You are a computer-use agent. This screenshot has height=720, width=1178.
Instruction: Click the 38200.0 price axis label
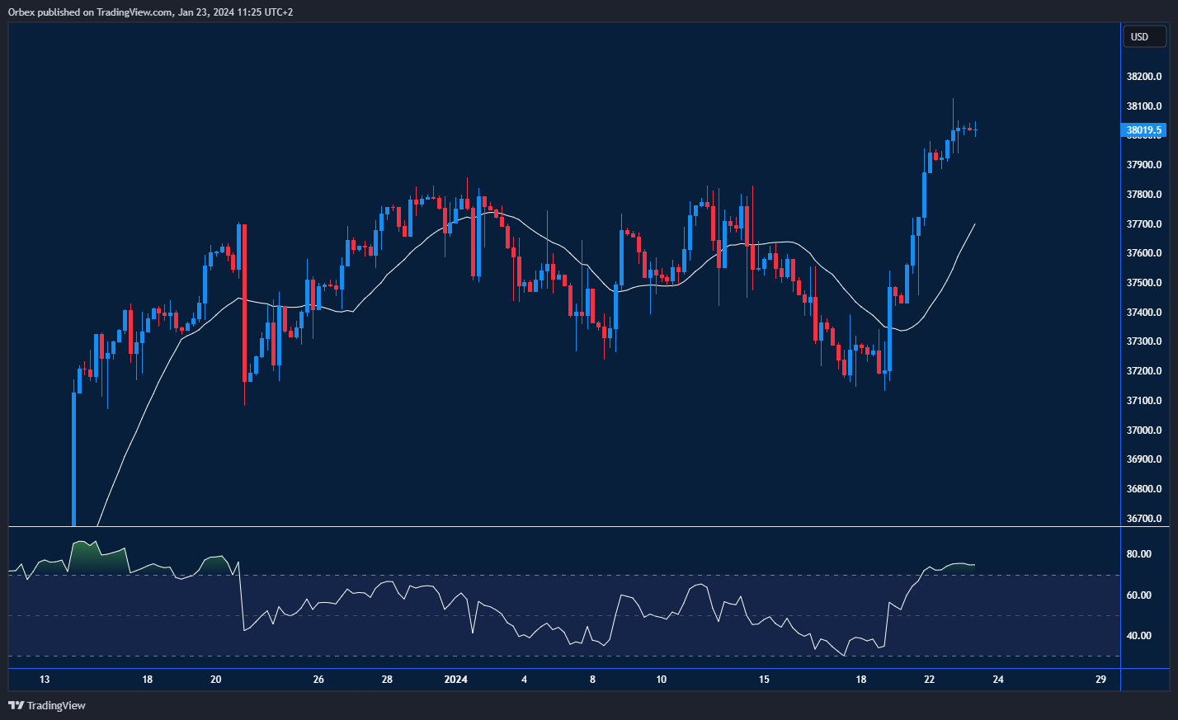pos(1143,77)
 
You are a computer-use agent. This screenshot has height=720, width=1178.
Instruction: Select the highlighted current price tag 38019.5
pos(1143,130)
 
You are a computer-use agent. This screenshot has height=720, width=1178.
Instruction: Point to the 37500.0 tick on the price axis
pos(1143,283)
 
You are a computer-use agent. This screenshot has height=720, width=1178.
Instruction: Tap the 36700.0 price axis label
pos(1143,519)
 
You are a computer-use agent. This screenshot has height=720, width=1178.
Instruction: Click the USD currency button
pos(1143,37)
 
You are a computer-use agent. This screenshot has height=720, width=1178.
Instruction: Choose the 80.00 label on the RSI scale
pos(1138,554)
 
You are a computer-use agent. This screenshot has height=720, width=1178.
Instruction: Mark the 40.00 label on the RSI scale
pos(1138,636)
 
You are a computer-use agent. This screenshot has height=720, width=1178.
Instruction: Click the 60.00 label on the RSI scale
pos(1138,595)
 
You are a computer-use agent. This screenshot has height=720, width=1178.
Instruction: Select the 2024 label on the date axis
pos(455,680)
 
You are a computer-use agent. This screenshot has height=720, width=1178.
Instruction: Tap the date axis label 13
pos(45,680)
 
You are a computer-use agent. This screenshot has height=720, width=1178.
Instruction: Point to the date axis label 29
pos(1100,680)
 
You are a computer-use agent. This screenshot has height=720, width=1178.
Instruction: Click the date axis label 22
pos(930,680)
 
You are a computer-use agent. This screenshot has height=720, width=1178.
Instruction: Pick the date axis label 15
pos(764,680)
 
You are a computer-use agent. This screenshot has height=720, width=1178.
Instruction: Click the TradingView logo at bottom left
pos(47,705)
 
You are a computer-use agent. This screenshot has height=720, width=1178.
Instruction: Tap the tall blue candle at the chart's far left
pos(74,458)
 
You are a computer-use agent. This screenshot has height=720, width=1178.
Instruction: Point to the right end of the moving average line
pos(975,224)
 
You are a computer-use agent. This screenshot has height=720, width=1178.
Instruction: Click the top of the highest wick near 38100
pos(953,99)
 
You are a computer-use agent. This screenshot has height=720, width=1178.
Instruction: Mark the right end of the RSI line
pos(975,565)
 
